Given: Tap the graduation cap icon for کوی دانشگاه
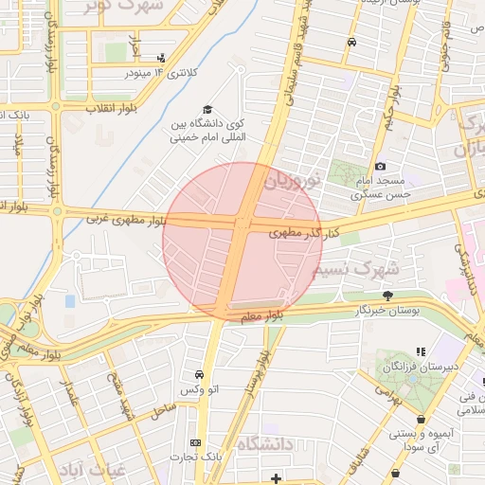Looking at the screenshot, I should pyautogui.click(x=207, y=110).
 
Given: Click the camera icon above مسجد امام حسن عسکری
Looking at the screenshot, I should pyautogui.click(x=381, y=167).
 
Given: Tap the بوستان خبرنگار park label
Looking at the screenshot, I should pyautogui.click(x=386, y=310).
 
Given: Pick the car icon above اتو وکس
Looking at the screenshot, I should pyautogui.click(x=199, y=375).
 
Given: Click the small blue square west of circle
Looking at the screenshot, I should pyautogui.click(x=70, y=301).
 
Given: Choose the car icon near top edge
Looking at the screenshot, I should pyautogui.click(x=351, y=42).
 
